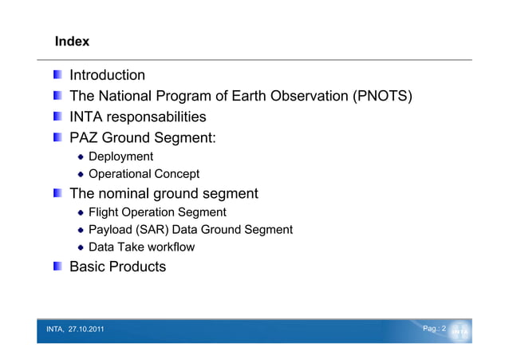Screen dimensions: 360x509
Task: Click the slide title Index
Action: click(x=72, y=41)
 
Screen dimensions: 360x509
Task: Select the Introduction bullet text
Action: click(x=108, y=76)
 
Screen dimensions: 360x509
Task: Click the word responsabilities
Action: click(x=158, y=117)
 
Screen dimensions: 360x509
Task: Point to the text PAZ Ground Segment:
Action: click(x=143, y=138)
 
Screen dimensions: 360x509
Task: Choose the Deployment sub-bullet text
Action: click(x=120, y=156)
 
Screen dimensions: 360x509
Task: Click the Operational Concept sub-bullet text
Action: click(x=144, y=174)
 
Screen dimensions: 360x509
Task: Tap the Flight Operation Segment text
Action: click(x=157, y=212)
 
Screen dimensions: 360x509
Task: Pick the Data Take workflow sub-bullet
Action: click(x=141, y=247)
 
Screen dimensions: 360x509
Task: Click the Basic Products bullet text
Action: click(x=118, y=267)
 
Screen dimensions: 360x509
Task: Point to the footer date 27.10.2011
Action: click(x=85, y=330)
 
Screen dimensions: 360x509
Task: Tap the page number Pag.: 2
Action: click(x=433, y=329)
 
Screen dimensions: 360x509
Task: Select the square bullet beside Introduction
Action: click(x=59, y=76)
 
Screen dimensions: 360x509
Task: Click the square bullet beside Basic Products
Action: click(x=59, y=267)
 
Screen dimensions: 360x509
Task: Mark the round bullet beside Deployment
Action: click(x=81, y=157)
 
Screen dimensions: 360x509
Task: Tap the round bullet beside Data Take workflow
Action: click(x=81, y=248)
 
